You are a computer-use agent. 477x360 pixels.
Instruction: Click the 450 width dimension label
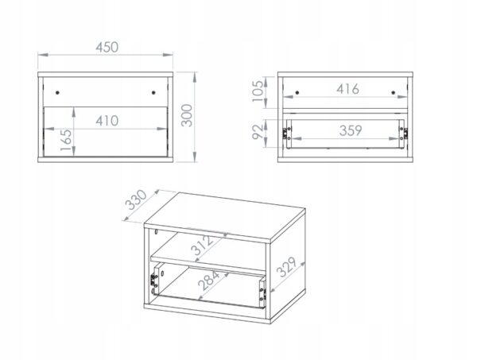tap(107, 48)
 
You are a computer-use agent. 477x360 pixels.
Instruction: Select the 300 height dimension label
tap(187, 115)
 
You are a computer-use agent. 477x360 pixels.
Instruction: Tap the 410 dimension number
tap(107, 121)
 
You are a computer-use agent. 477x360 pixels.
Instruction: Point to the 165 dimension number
tap(66, 140)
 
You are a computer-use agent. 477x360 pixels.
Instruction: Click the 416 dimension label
tap(347, 89)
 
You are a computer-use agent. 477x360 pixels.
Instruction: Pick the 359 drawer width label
tap(351, 131)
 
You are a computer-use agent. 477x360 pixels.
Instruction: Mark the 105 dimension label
tap(258, 91)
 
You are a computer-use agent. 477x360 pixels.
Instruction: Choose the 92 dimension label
tap(258, 132)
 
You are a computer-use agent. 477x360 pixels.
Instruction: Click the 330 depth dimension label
tap(136, 199)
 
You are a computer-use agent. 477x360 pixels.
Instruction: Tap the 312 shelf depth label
tap(202, 245)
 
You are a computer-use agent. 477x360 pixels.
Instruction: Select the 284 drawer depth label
tap(208, 281)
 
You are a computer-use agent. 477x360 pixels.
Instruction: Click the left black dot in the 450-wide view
tap(57, 92)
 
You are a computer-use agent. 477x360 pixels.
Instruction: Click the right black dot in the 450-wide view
tap(153, 92)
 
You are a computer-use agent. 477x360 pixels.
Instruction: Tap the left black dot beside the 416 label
tap(297, 92)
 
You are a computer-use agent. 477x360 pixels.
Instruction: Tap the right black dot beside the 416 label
tap(393, 92)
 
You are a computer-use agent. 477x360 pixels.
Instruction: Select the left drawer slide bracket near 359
tap(285, 134)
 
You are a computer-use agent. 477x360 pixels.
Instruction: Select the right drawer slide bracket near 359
tap(405, 134)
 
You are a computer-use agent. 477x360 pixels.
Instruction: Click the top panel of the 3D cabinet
tap(225, 216)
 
